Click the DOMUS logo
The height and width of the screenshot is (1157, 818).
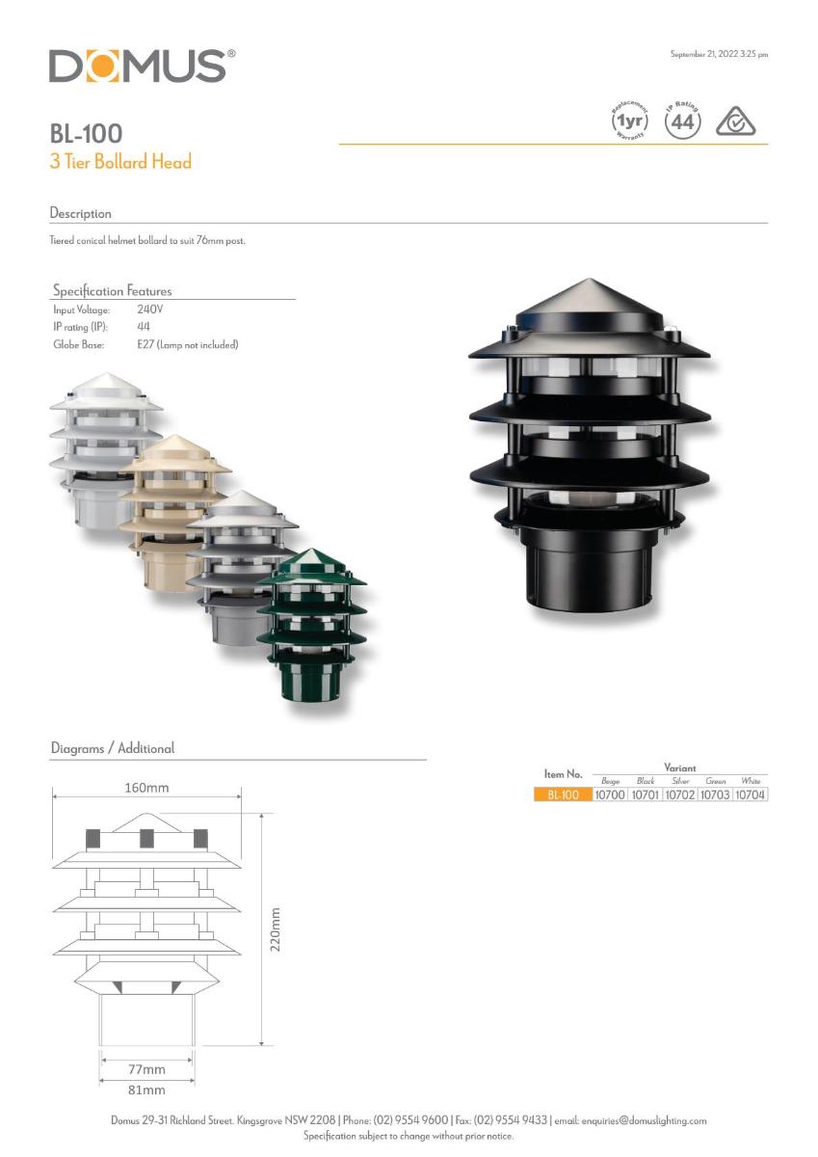[x=143, y=66]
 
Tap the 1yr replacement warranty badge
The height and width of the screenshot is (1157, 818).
[x=629, y=121]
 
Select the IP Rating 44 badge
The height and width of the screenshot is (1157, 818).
[x=683, y=121]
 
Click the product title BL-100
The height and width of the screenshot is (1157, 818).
[x=86, y=133]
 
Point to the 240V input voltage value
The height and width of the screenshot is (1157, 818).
[x=150, y=309]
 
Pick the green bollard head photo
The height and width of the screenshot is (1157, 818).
[x=312, y=625]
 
